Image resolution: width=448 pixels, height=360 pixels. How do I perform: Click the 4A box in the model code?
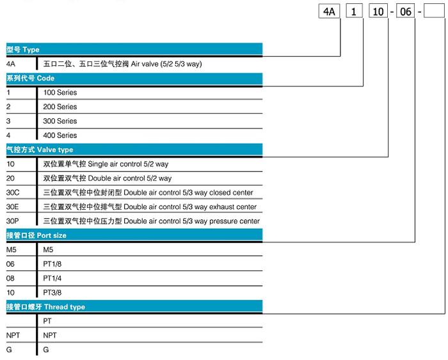click(x=329, y=12)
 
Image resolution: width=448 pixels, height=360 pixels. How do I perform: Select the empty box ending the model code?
click(x=434, y=12)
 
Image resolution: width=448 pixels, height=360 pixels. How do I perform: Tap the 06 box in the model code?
click(x=405, y=12)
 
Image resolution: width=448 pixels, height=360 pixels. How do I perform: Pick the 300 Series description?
click(x=60, y=121)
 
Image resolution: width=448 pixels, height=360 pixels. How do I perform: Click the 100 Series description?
click(x=60, y=93)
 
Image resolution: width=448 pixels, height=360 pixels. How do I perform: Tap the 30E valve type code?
click(x=13, y=207)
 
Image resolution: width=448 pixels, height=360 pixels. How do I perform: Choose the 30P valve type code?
click(x=13, y=221)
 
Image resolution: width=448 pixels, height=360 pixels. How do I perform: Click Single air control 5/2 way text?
click(x=128, y=164)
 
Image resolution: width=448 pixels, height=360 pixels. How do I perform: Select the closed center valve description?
click(x=148, y=192)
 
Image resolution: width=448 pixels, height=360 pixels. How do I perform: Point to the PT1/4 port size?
click(x=52, y=278)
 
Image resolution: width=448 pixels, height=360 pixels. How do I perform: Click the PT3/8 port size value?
click(x=52, y=293)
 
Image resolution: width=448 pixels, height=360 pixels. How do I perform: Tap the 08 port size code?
click(x=10, y=278)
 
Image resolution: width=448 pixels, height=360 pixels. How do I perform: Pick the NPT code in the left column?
click(x=13, y=335)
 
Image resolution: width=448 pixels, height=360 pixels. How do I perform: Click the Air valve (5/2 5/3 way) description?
click(x=166, y=64)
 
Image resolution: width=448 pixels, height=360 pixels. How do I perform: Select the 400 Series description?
click(x=60, y=136)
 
